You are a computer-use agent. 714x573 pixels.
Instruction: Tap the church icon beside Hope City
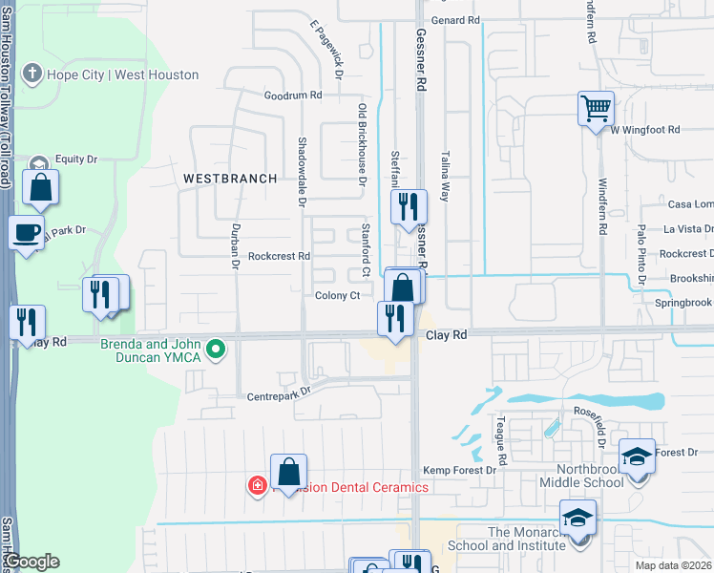(x=31, y=74)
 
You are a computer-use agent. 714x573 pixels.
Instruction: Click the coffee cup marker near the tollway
(x=27, y=231)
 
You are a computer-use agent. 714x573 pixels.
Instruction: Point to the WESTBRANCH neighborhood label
(x=230, y=179)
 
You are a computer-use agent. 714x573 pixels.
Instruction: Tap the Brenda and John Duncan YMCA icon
(x=217, y=350)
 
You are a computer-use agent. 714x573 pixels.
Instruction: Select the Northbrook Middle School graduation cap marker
(x=637, y=456)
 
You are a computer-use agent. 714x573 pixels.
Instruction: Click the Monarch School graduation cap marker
(x=577, y=518)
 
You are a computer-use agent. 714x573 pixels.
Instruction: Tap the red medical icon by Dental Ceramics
(x=257, y=487)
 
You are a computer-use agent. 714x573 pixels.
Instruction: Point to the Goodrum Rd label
(x=293, y=95)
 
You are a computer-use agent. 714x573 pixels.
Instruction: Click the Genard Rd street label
(x=455, y=20)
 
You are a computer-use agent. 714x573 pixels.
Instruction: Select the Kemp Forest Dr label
(x=459, y=471)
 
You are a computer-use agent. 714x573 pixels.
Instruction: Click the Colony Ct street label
(x=337, y=296)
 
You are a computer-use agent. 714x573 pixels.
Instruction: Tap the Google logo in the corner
(x=32, y=562)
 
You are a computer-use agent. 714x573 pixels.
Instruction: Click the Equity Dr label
(x=76, y=159)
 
